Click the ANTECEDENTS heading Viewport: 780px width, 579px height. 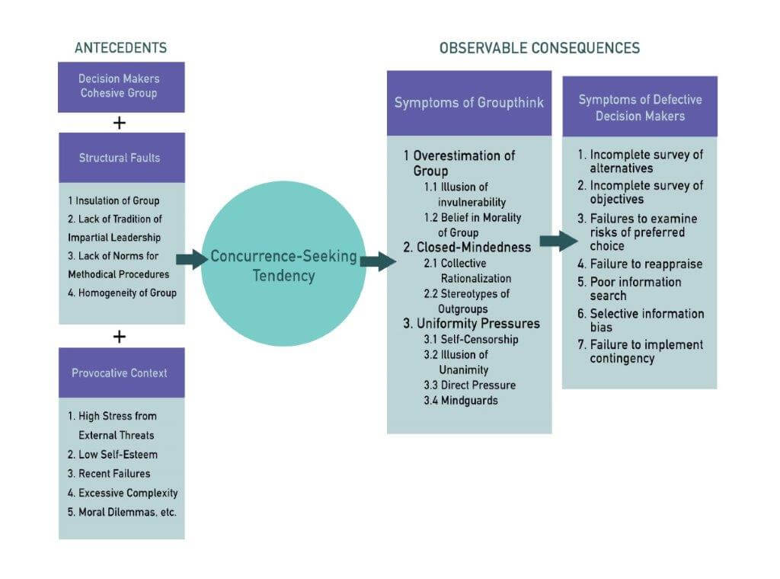click(120, 48)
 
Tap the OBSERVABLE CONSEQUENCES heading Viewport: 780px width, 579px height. click(539, 48)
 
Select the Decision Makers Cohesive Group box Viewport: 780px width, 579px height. click(119, 86)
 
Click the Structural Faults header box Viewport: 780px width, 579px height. click(119, 158)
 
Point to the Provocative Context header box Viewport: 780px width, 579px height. click(120, 373)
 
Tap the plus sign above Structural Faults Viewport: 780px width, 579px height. click(119, 123)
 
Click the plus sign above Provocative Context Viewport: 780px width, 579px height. click(119, 336)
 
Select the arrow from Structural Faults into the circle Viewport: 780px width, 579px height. click(191, 259)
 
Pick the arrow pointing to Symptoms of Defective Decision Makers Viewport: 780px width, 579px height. click(558, 242)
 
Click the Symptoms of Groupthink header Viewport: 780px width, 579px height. click(469, 103)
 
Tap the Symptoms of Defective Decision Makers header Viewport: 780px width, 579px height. click(640, 107)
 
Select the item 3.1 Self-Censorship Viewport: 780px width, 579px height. click(471, 339)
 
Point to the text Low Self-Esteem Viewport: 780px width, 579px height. click(117, 455)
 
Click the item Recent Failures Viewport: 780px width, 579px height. click(114, 474)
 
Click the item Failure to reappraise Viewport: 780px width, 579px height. click(646, 264)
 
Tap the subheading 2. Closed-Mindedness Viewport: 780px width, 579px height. click(466, 248)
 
